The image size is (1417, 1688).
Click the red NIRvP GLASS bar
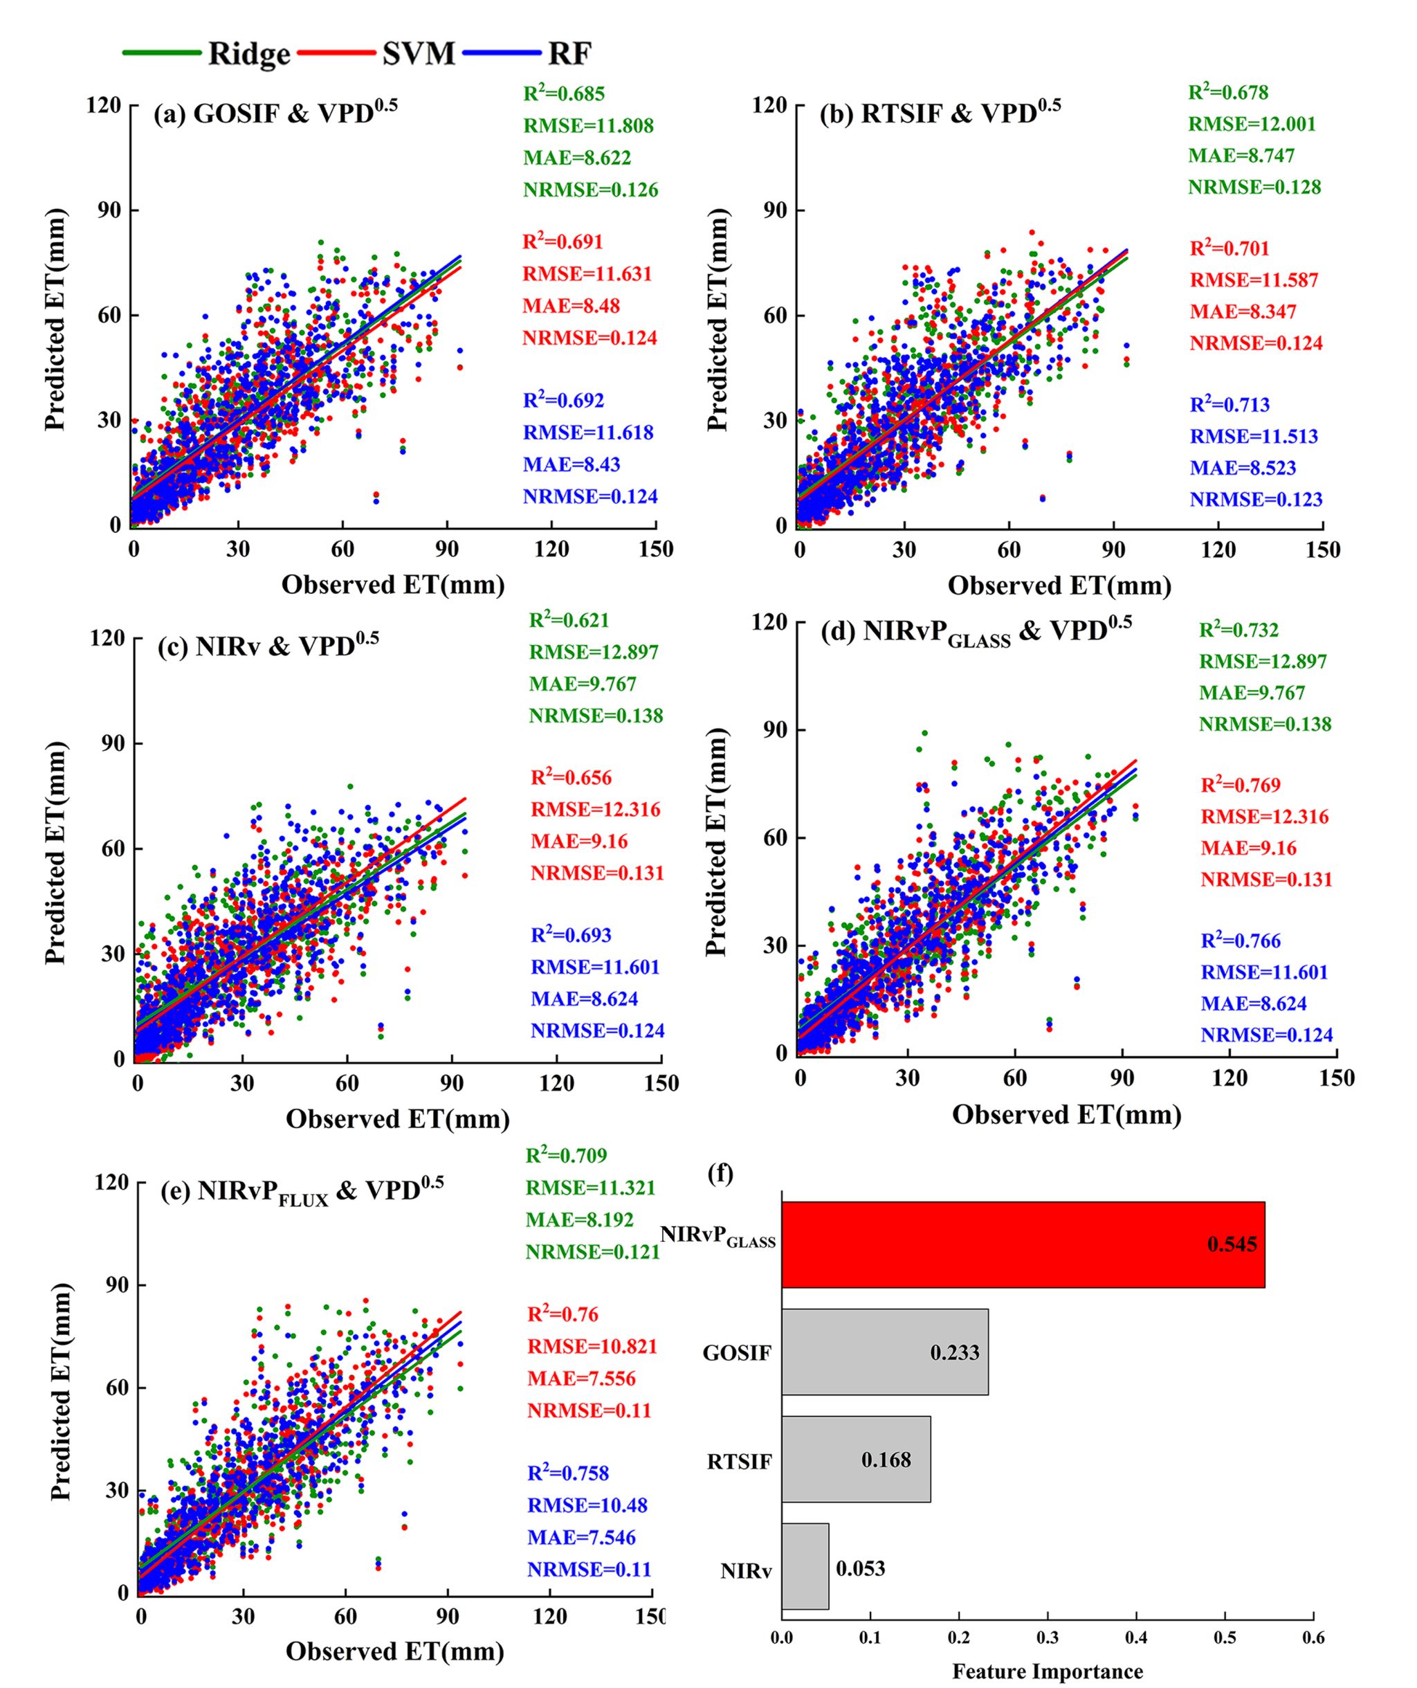pyautogui.click(x=1023, y=1244)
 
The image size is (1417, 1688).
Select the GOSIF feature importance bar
pyautogui.click(x=884, y=1352)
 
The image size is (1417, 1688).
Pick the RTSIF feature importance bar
pyautogui.click(x=855, y=1459)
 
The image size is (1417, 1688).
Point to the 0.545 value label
pyautogui.click(x=1232, y=1245)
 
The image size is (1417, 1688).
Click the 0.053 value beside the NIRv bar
pyautogui.click(x=860, y=1568)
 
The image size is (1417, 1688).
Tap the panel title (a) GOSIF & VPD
pyautogui.click(x=275, y=113)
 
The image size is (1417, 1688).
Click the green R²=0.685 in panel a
pyautogui.click(x=563, y=94)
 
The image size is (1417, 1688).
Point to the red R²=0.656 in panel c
pyautogui.click(x=571, y=778)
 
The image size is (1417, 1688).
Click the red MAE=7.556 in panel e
pyautogui.click(x=581, y=1379)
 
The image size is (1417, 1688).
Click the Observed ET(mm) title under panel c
pyautogui.click(x=397, y=1119)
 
